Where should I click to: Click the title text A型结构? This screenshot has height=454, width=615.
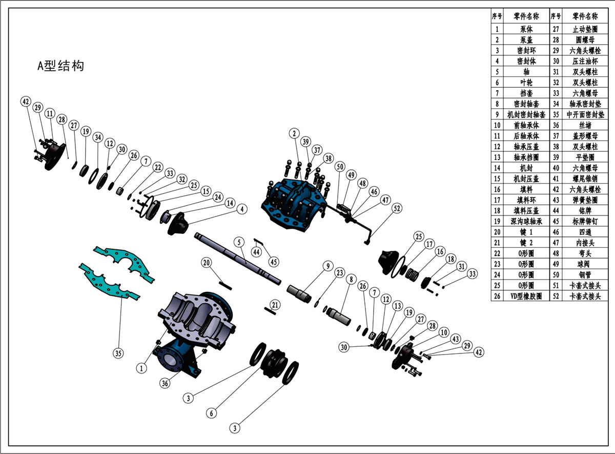pos(60,66)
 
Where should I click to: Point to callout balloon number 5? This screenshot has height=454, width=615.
pos(238,242)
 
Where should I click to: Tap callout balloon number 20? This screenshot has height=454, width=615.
pos(207,263)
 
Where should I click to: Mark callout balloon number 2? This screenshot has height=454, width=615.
pos(294,134)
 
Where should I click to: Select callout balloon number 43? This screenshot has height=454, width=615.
pos(455,340)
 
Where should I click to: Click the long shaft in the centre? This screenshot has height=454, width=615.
pos(238,256)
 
